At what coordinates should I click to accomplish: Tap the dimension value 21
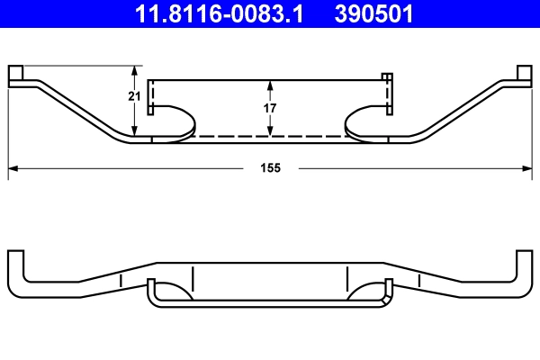tap(134, 97)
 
